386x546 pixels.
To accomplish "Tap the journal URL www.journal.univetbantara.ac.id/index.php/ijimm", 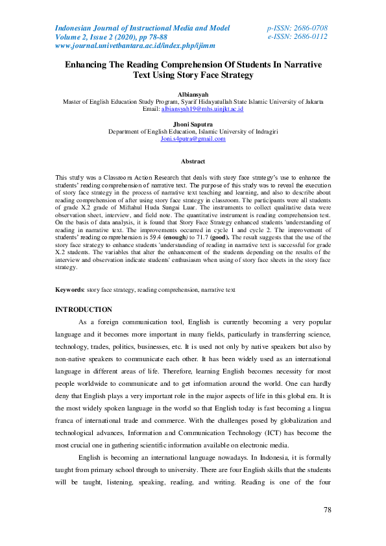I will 135,46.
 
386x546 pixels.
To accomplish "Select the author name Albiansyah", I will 193,95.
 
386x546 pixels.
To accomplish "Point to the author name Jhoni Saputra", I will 193,124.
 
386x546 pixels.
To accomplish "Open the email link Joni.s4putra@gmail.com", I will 193,139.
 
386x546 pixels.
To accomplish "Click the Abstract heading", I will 193,161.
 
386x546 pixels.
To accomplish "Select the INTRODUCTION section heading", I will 84,310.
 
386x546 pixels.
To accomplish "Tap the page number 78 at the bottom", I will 328,510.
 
